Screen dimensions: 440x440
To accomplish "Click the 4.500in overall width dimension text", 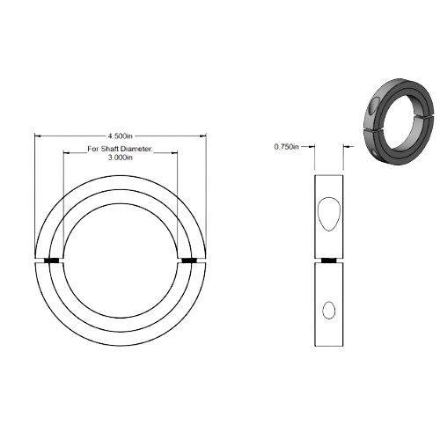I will click(120, 135).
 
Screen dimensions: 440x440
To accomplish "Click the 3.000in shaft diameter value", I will click(120, 159).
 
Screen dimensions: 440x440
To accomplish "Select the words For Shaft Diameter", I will click(120, 150).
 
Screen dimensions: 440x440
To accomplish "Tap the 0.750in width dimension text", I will click(287, 147).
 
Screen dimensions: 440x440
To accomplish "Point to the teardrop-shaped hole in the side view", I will click(327, 211).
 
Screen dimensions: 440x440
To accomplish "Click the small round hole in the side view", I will click(329, 309).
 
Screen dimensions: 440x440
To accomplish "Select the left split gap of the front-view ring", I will click(48, 261).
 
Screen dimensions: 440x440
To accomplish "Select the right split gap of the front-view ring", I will click(192, 261).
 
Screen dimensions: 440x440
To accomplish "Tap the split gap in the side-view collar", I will click(329, 261).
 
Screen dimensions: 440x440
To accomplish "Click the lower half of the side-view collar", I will click(329, 304).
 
